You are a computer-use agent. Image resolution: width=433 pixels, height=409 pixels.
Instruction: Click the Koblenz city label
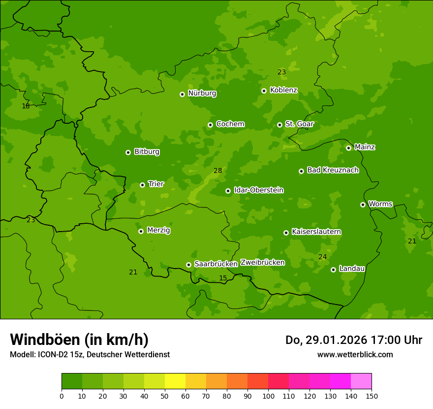(283, 90)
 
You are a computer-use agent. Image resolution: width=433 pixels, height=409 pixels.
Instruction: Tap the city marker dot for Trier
(143, 185)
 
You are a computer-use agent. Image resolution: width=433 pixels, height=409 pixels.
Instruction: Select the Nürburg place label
(202, 93)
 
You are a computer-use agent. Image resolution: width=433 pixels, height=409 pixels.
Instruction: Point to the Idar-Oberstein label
(258, 190)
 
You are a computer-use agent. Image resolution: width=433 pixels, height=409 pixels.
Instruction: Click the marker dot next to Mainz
(349, 148)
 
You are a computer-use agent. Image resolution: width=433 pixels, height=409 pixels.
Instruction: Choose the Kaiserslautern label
(316, 232)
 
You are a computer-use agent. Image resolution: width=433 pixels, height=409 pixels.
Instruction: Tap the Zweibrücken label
(262, 263)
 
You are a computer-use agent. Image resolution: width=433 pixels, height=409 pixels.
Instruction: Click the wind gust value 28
(218, 171)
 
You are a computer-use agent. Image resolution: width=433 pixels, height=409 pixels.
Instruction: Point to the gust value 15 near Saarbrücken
(223, 278)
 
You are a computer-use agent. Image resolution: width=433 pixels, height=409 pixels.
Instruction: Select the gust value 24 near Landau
(322, 257)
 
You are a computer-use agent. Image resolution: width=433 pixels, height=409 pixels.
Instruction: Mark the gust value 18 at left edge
(26, 106)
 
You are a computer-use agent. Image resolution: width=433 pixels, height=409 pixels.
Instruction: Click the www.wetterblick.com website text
(355, 354)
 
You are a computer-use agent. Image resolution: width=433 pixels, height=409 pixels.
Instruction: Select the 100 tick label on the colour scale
(268, 396)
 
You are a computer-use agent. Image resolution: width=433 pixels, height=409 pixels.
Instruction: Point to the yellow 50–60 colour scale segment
(175, 381)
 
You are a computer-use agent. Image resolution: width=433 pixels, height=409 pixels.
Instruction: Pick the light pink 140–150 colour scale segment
(361, 381)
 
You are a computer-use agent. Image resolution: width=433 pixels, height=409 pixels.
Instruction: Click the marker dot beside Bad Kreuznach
(302, 171)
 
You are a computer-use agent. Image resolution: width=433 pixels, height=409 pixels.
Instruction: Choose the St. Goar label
(299, 124)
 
